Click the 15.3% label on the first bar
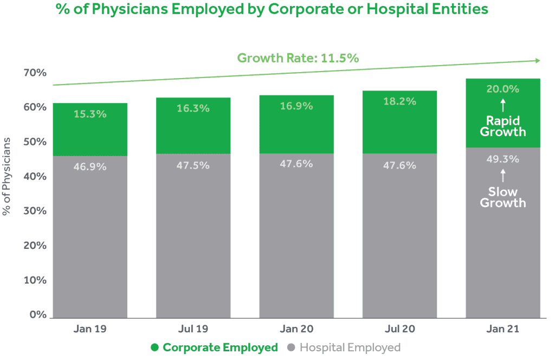[90, 114]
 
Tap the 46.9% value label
[90, 166]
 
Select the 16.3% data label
[193, 108]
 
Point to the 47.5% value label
[193, 165]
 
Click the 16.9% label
[296, 106]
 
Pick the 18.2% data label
[399, 101]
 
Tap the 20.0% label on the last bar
[502, 89]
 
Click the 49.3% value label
[502, 159]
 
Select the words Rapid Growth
[503, 126]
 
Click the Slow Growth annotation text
[503, 197]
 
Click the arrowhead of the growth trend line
[537, 61]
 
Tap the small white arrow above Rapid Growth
[502, 104]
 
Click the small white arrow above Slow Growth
[502, 175]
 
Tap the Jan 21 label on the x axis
[502, 329]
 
